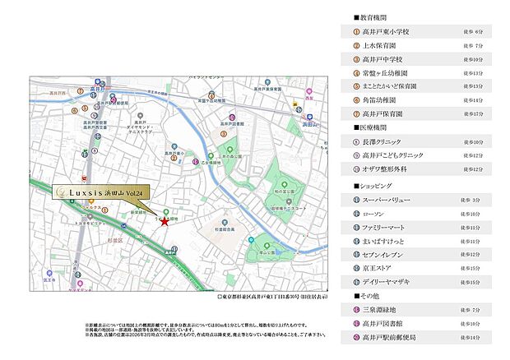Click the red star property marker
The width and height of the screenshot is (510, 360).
165,221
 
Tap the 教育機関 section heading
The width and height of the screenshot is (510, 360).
369,16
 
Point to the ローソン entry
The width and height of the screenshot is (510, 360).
379,213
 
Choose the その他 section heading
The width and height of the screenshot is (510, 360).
366,296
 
